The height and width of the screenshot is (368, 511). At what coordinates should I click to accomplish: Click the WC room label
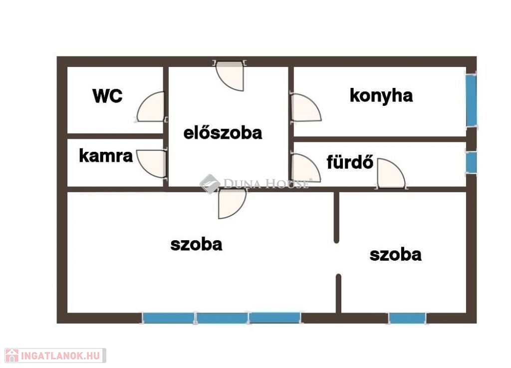click(107, 96)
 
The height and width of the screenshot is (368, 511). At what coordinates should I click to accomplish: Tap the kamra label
click(106, 156)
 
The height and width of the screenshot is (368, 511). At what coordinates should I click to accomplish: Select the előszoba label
click(223, 133)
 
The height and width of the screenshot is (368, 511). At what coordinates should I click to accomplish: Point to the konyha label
click(381, 96)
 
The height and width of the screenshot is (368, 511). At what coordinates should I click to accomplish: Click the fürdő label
click(350, 162)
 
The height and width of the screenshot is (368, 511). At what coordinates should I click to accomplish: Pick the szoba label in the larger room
click(196, 245)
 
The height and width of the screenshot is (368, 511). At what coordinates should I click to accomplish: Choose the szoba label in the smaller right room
click(395, 255)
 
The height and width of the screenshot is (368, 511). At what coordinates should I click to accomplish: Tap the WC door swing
click(151, 106)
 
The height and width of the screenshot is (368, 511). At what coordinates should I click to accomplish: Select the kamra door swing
click(151, 164)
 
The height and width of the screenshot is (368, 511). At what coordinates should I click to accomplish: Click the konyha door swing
click(305, 107)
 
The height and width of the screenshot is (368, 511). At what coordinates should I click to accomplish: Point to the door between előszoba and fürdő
click(305, 168)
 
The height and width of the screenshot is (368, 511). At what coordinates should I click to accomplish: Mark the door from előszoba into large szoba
click(232, 204)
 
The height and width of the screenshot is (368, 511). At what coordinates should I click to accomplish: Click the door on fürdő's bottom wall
click(391, 173)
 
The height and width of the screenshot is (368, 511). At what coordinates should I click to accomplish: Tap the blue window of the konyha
click(471, 100)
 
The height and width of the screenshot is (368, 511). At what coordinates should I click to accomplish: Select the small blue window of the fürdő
click(471, 162)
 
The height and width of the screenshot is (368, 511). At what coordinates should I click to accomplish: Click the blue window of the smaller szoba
click(407, 318)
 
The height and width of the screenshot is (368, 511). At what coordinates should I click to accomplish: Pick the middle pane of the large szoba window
click(222, 318)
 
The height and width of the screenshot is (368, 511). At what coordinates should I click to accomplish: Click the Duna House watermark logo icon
click(210, 184)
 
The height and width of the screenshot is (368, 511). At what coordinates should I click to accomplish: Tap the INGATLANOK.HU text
click(60, 356)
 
